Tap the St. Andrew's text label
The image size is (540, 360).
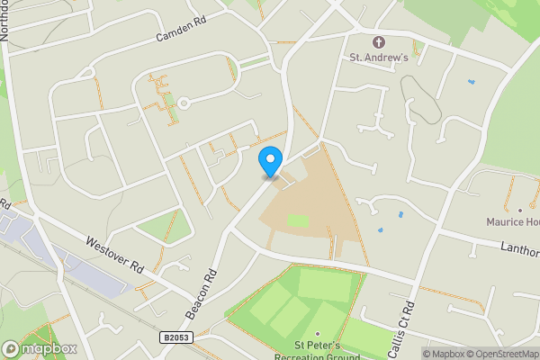click(x=379, y=58)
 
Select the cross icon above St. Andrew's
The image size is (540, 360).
click(x=379, y=42)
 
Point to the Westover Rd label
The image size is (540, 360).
click(x=116, y=256)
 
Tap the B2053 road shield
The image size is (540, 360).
click(x=176, y=337)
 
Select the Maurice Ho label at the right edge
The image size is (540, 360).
click(x=512, y=221)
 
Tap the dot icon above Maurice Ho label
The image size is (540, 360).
click(x=519, y=209)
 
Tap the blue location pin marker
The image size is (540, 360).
click(x=269, y=162)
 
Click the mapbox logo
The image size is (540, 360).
click(x=39, y=348)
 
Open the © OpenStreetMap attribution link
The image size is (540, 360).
click(x=500, y=354)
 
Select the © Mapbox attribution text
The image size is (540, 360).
click(x=443, y=354)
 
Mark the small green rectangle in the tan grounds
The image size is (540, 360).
click(x=299, y=220)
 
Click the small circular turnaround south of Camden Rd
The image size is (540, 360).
click(x=184, y=103)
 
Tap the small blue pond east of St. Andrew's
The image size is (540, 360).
click(x=470, y=83)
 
